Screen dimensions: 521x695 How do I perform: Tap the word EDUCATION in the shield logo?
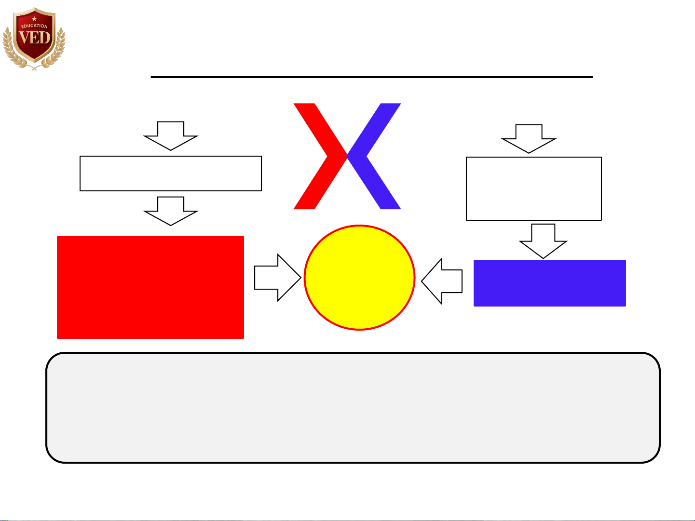click(34, 26)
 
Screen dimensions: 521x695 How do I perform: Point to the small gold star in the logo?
click(34, 19)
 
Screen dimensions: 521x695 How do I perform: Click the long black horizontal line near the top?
click(371, 77)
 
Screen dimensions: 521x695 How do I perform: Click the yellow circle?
click(359, 278)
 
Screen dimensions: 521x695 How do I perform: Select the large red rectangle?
click(150, 287)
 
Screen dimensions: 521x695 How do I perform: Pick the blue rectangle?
click(549, 283)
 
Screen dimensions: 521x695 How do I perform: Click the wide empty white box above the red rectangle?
click(171, 174)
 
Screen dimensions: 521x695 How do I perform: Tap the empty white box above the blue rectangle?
click(533, 188)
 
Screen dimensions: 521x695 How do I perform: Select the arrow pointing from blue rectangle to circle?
click(443, 281)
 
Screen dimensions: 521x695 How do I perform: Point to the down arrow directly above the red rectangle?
click(171, 211)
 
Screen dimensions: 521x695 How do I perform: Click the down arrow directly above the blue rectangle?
click(543, 240)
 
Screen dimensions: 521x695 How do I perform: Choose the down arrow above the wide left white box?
click(171, 135)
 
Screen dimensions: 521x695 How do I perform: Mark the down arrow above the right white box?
click(529, 138)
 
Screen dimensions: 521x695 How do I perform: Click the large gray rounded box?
click(353, 408)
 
